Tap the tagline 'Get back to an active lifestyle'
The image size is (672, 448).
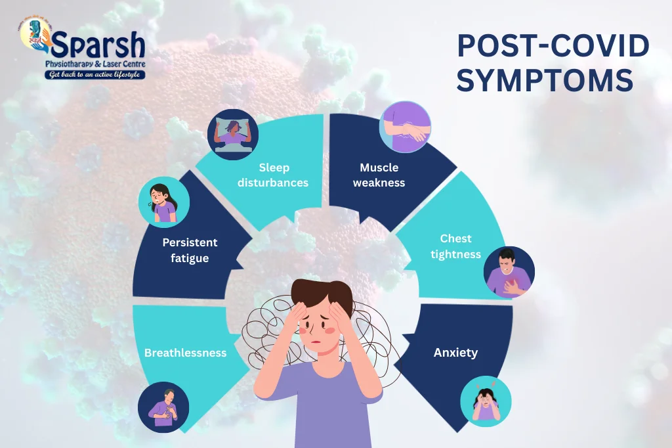point(95,75)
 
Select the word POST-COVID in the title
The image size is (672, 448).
point(553,47)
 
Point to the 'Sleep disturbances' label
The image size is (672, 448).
point(274,175)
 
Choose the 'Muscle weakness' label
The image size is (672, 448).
point(379,175)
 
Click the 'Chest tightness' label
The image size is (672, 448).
point(456,246)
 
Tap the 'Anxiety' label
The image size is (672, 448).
point(455,353)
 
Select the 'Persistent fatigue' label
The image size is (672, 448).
point(190,250)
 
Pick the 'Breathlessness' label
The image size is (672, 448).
point(185,353)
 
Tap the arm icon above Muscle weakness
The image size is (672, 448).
point(405,126)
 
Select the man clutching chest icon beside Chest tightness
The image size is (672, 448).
point(509,271)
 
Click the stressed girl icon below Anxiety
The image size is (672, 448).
point(486,401)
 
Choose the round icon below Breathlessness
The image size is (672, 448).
point(163,407)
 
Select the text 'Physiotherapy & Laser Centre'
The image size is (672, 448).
point(95,64)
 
